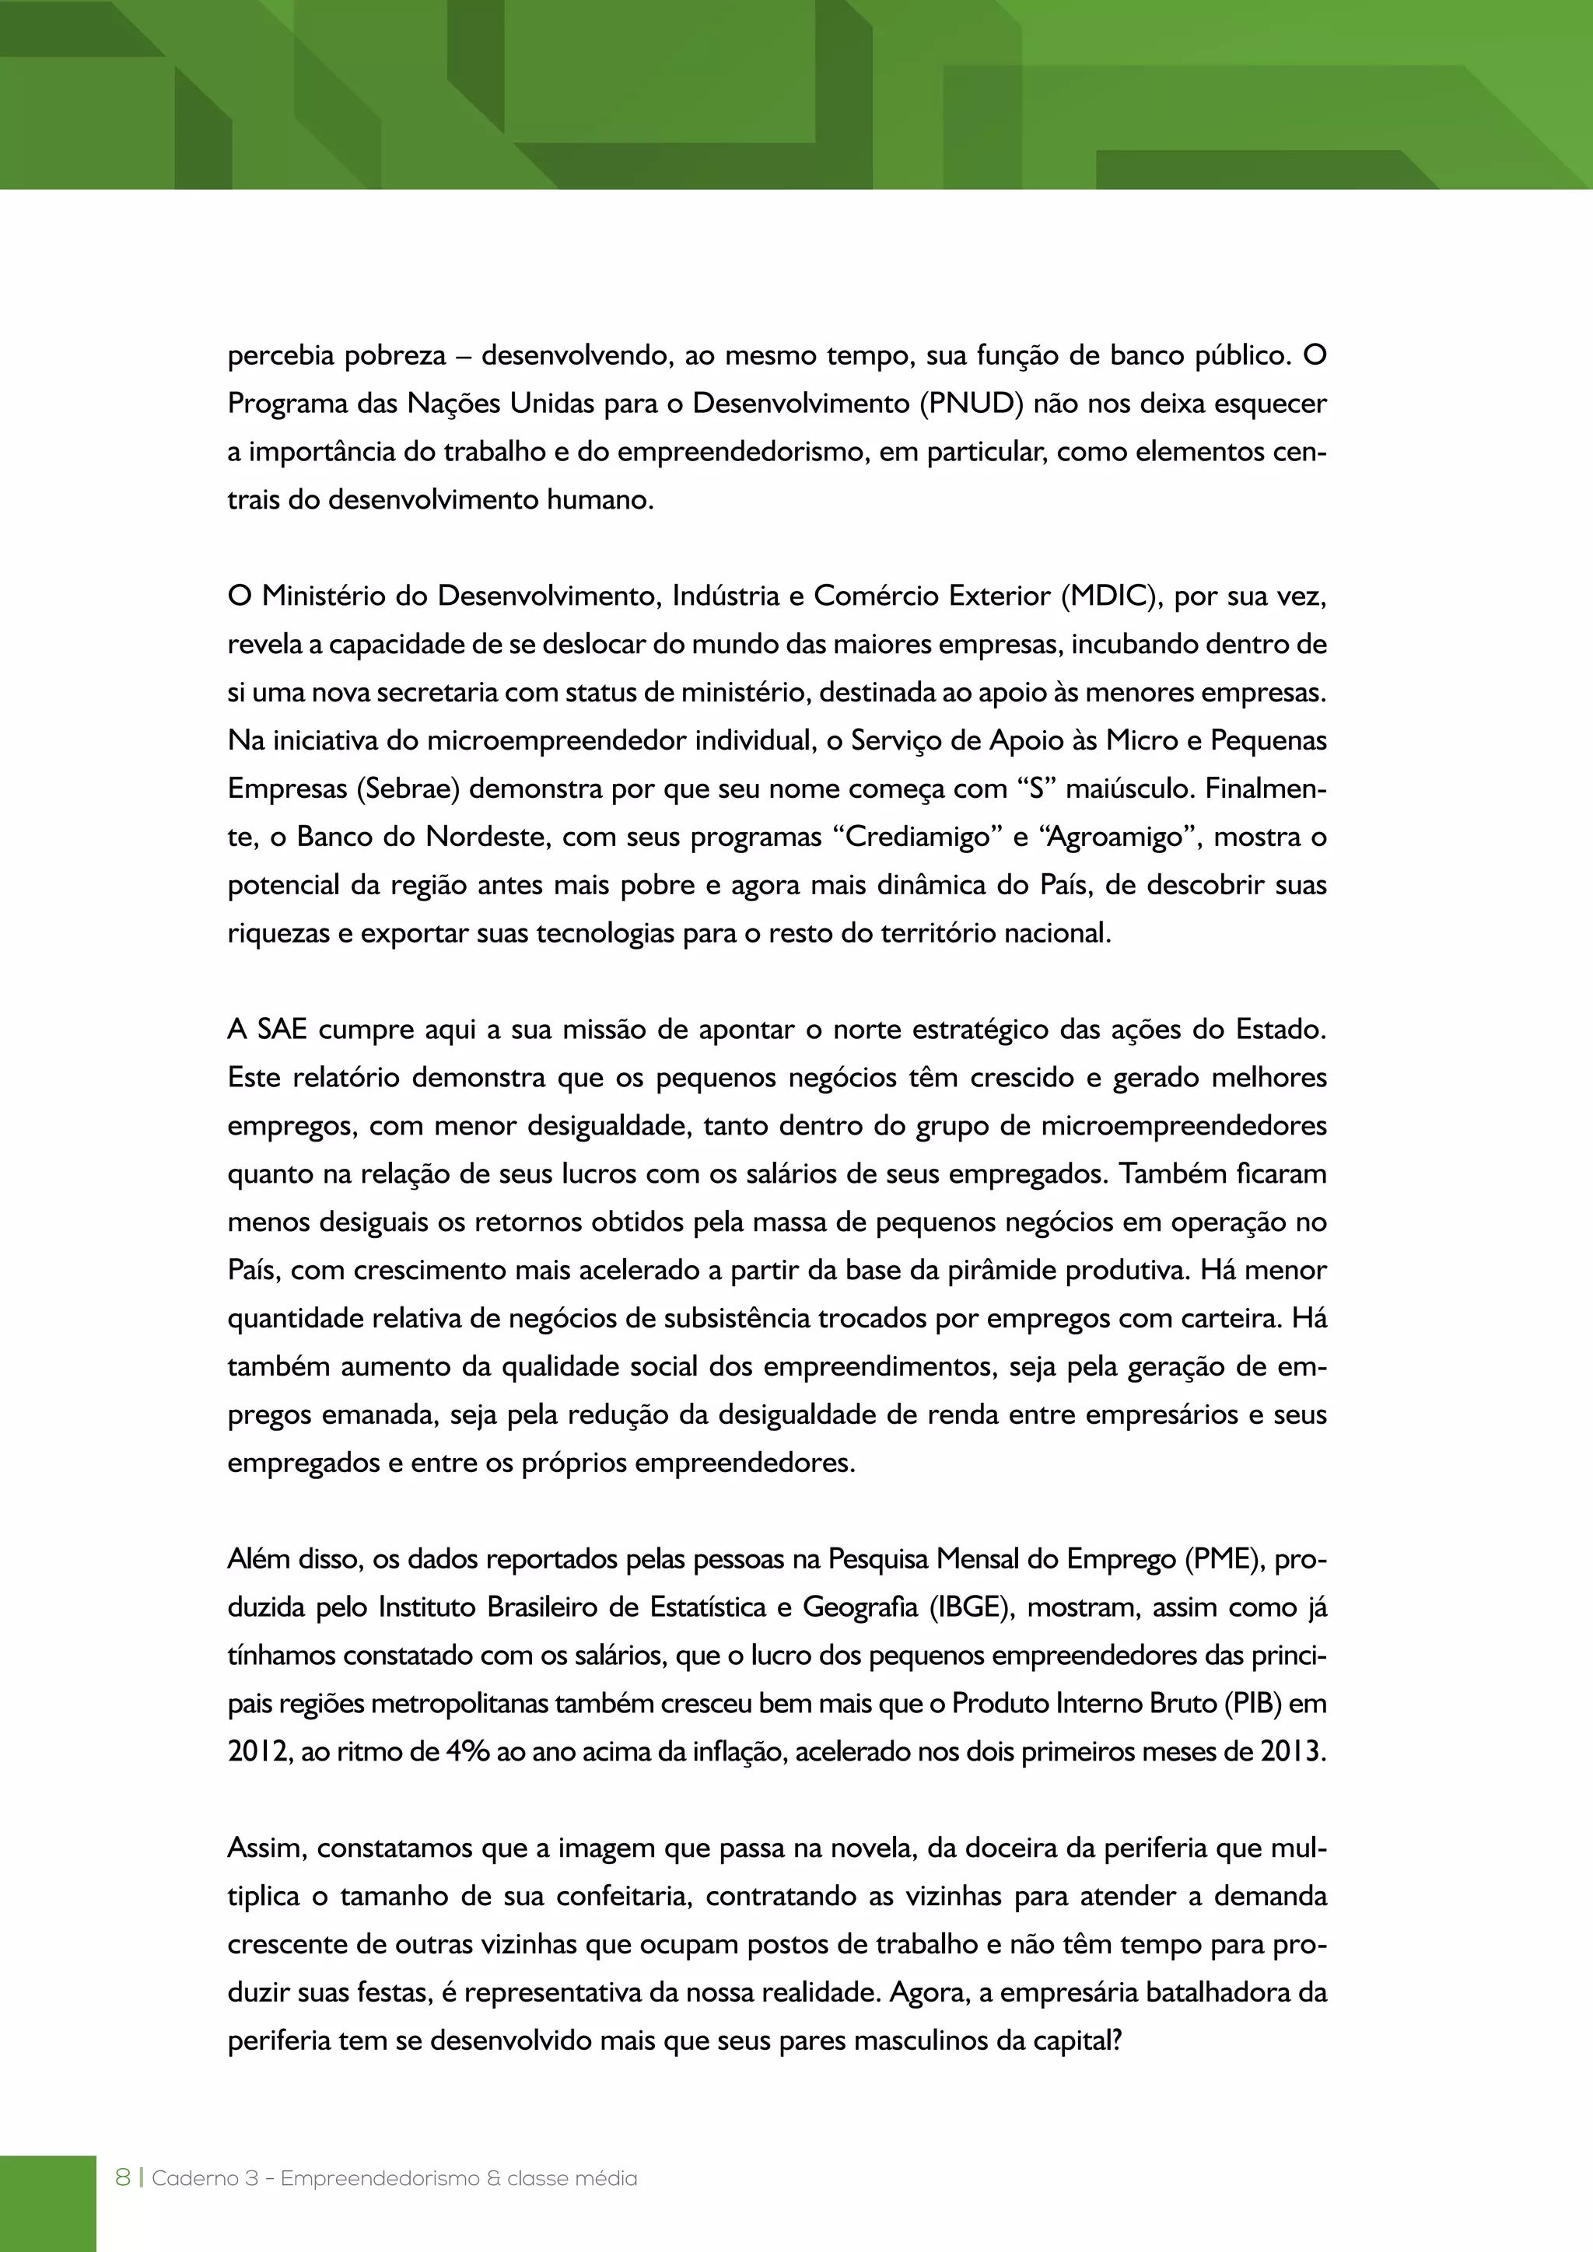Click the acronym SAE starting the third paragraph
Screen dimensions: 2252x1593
[x=282, y=1030]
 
